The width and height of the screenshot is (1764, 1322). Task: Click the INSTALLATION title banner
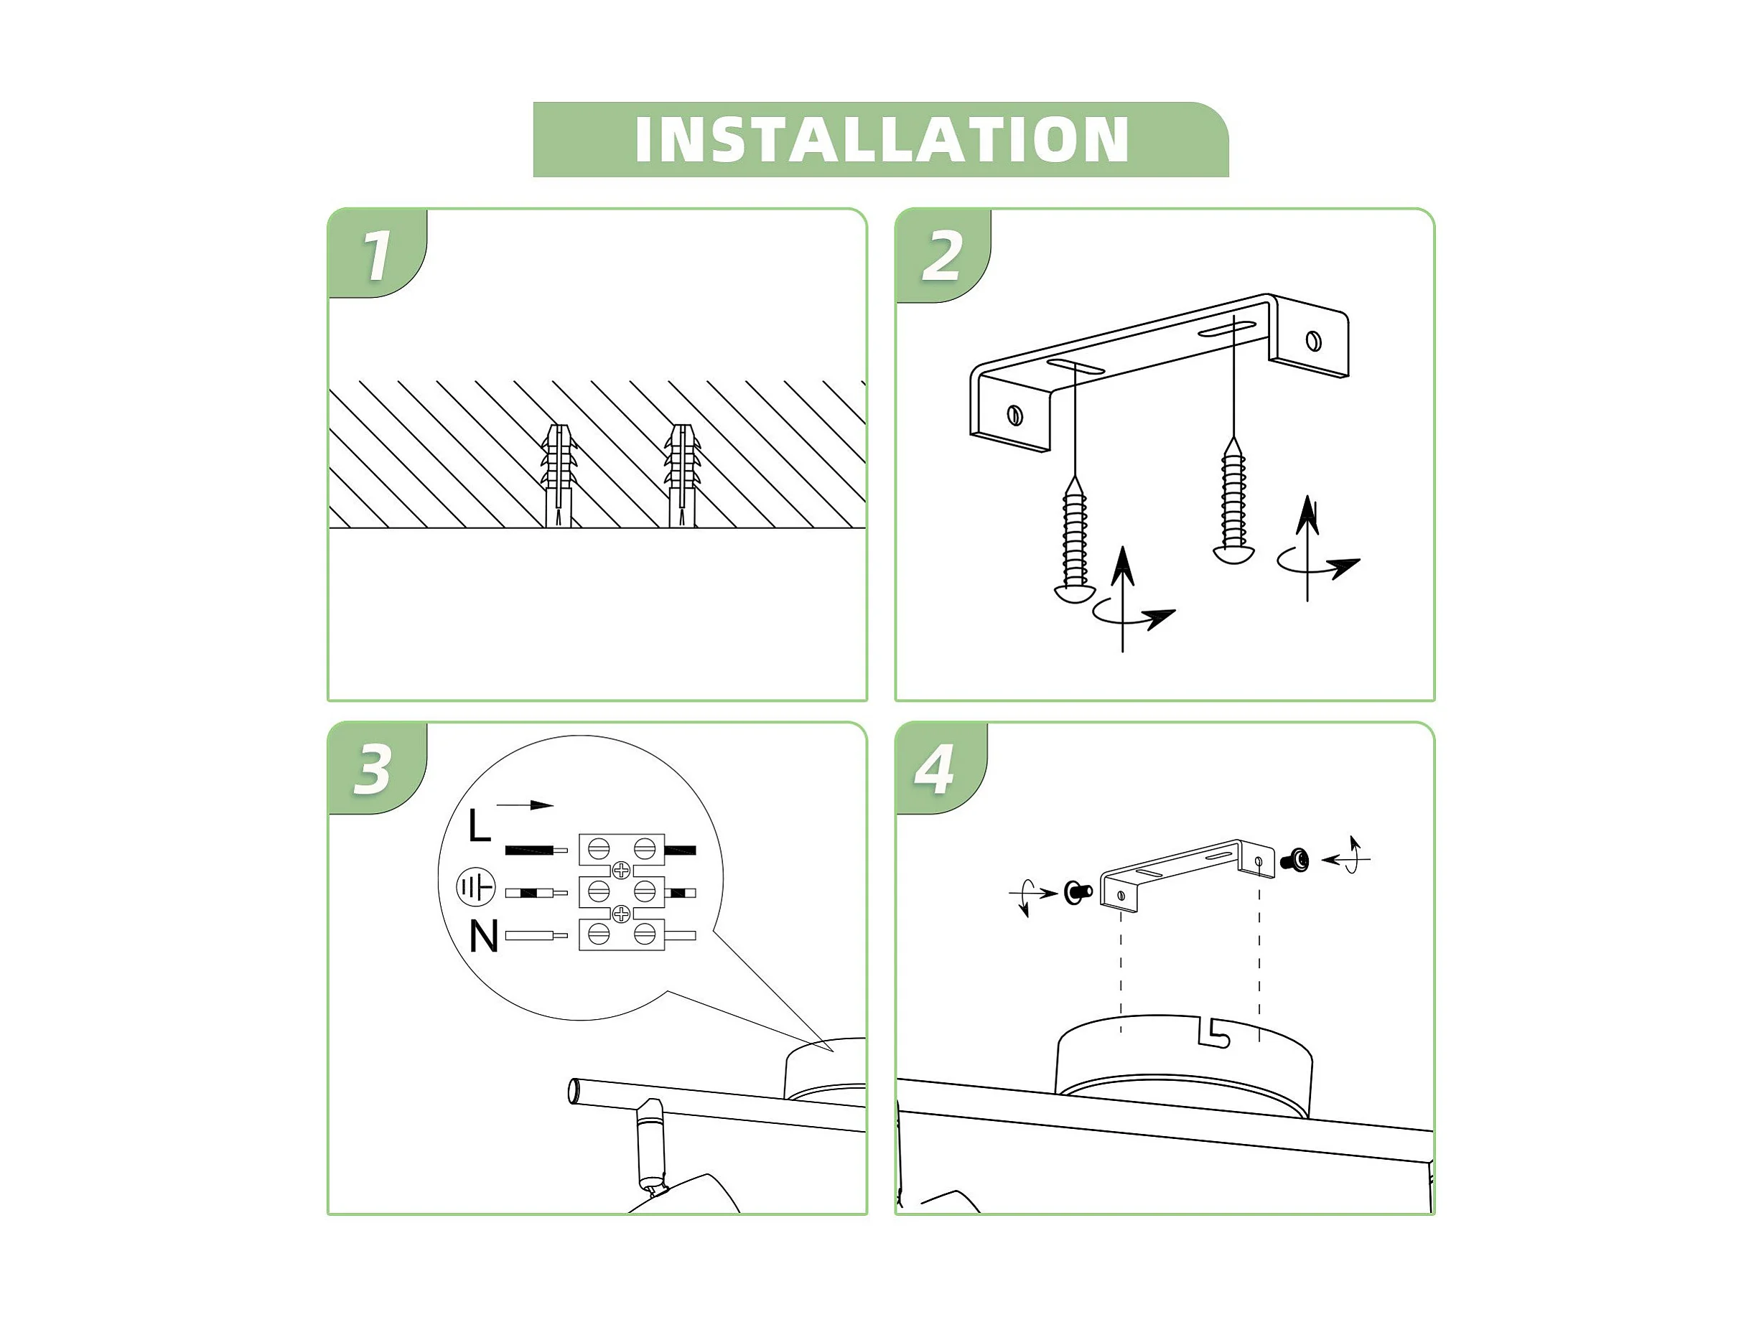point(880,139)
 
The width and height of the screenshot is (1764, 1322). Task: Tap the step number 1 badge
point(377,253)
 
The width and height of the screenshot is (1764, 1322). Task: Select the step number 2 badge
point(943,256)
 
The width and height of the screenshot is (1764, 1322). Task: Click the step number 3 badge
point(376,769)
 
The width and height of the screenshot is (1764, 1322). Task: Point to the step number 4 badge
point(941,769)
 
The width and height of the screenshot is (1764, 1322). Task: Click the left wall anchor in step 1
point(559,476)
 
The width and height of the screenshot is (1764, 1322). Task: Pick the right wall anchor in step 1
point(682,476)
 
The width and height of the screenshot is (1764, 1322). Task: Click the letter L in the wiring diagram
point(480,825)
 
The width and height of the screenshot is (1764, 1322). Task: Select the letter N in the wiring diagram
point(483,936)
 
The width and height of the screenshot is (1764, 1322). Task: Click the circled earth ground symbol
point(476,886)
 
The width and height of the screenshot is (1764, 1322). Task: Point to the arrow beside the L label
point(525,805)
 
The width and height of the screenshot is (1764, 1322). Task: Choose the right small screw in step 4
point(1294,860)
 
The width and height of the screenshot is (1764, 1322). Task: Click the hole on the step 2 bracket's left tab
point(1015,415)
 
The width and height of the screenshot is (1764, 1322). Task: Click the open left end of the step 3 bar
point(574,1092)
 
